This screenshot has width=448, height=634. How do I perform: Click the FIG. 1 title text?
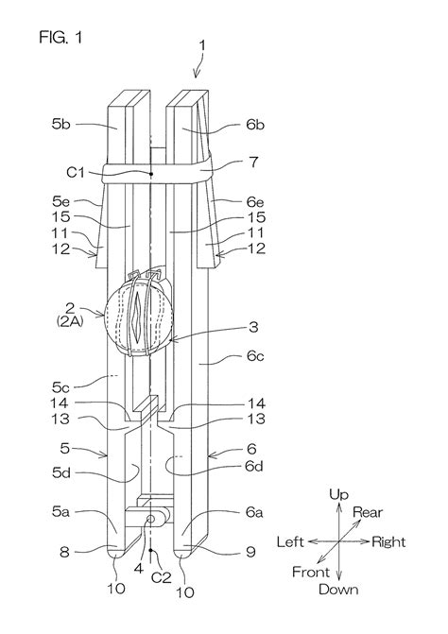60,37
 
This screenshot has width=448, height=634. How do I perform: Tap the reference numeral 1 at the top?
202,45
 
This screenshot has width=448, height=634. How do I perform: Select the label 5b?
60,124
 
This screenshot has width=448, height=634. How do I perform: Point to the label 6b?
255,124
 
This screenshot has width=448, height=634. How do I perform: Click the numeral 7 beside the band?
253,162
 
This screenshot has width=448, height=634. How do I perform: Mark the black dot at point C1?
150,174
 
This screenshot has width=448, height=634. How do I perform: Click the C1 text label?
76,172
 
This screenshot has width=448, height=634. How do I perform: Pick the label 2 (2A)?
70,314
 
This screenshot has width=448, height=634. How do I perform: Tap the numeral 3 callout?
253,327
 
